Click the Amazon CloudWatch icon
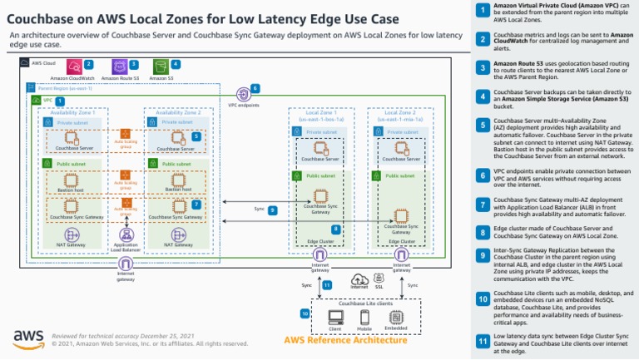click(x=73, y=66)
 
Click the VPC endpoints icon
click(x=244, y=94)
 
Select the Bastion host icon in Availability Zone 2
click(x=176, y=179)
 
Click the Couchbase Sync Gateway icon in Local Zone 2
click(x=401, y=215)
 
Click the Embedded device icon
click(x=395, y=315)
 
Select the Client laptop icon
click(x=335, y=315)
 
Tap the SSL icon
click(x=379, y=275)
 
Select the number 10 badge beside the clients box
click(x=305, y=313)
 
